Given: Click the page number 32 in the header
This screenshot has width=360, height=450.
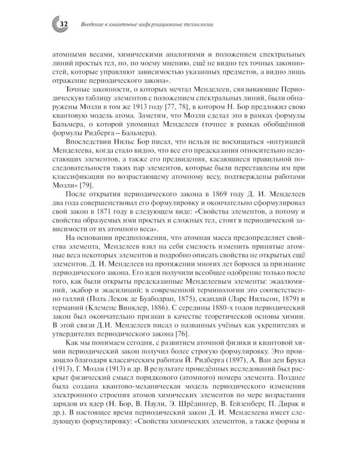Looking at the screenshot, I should [64, 23].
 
